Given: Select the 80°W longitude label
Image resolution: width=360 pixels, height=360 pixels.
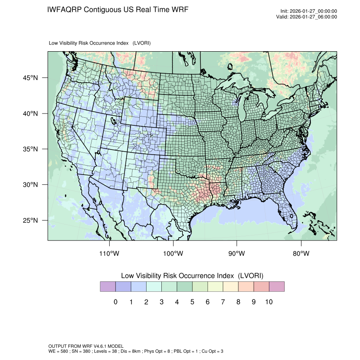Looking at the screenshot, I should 301,254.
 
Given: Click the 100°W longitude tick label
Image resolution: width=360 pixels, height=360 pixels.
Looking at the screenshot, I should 173,254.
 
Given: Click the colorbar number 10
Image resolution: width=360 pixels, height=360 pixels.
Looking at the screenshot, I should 269,302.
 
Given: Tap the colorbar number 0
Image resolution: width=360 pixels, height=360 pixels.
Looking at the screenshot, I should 115,302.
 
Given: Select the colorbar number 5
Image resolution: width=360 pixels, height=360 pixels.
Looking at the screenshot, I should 192,302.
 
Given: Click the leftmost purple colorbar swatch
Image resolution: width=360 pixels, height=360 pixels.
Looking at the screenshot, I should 108,286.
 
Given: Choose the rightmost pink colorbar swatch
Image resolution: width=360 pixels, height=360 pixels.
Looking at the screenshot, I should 277,286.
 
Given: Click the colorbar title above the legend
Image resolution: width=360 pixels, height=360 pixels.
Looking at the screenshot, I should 192,275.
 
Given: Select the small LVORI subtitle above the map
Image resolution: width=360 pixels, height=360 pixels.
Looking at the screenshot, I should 100,43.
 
